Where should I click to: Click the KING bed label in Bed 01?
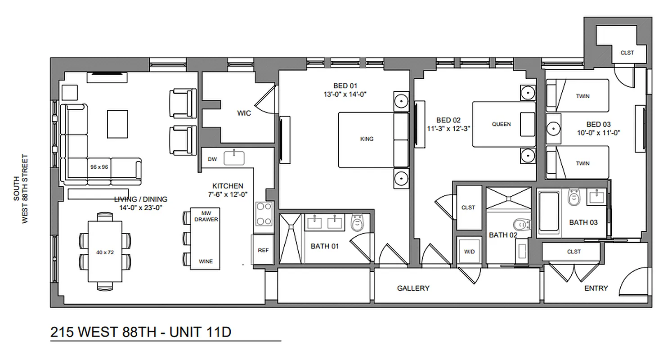tap(367, 139)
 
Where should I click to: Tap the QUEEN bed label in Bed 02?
tap(501, 124)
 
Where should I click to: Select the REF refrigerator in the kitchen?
tap(263, 250)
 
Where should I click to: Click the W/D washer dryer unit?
tap(469, 252)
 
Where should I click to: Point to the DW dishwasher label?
tap(212, 159)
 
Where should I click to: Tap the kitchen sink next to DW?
tap(234, 158)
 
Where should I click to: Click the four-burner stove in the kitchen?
tap(264, 214)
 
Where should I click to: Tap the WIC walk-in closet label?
tap(244, 113)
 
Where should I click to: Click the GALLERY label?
tap(413, 288)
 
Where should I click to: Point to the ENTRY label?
tap(596, 288)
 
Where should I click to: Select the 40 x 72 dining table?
tap(105, 252)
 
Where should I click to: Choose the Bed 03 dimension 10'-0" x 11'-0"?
tap(598, 133)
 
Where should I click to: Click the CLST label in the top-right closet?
tap(627, 53)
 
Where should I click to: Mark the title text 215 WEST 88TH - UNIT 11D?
tap(141, 332)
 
